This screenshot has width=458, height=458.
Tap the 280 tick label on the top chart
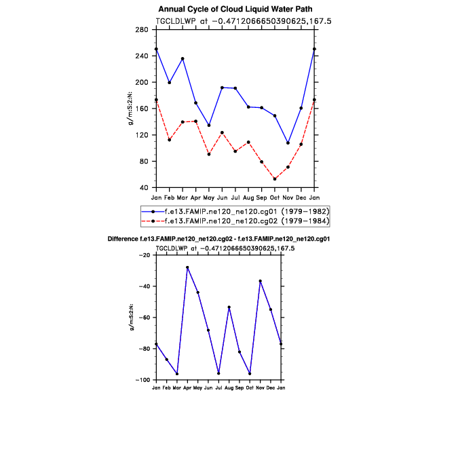pos(142,30)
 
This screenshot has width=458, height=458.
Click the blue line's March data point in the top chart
pos(183,59)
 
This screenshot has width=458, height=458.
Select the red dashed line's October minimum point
pos(275,179)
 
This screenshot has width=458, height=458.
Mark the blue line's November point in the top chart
pos(288,143)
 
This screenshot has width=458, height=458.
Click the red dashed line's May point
pos(209,155)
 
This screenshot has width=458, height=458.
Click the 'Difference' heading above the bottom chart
pos(218,240)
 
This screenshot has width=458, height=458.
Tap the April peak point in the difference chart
pos(187,267)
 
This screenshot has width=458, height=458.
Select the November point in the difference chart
pos(260,281)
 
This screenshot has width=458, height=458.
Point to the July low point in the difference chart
pos(218,373)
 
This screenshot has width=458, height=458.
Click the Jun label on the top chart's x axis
pos(222,197)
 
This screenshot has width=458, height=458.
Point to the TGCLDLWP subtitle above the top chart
pos(244,21)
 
